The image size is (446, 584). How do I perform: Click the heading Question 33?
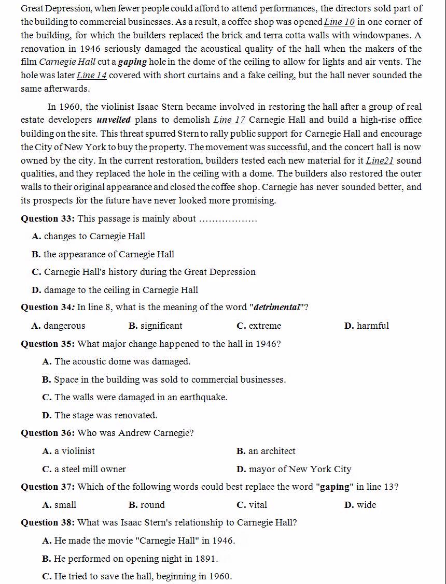(48, 218)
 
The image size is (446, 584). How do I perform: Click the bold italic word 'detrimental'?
(277, 308)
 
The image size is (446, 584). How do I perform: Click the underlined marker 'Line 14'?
(92, 75)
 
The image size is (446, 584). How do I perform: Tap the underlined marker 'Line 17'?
(229, 120)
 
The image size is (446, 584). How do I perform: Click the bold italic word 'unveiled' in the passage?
(114, 120)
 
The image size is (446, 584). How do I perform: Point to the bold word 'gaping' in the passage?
(133, 62)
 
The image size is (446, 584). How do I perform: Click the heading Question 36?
(48, 433)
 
